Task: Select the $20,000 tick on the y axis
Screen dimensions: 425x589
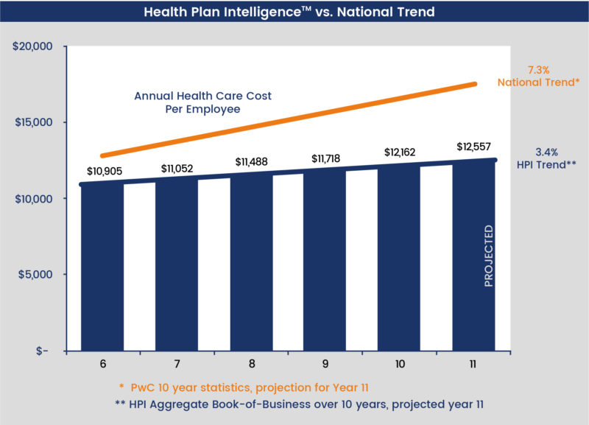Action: click(32, 46)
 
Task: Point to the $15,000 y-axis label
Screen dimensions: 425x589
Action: click(32, 122)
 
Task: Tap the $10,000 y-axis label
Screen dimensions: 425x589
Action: click(32, 199)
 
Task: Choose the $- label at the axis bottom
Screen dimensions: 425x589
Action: click(40, 351)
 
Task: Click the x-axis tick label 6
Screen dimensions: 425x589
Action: click(102, 365)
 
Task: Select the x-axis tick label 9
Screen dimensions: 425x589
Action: click(325, 365)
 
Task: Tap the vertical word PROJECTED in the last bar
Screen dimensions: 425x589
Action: click(489, 256)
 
